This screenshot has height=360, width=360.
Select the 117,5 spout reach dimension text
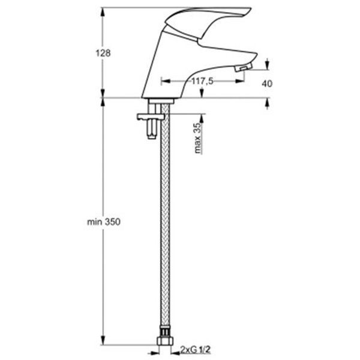[203, 82]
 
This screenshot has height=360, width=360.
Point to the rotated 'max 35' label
[197, 139]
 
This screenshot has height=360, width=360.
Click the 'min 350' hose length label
[104, 222]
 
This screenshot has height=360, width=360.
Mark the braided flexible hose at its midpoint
[163, 228]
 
